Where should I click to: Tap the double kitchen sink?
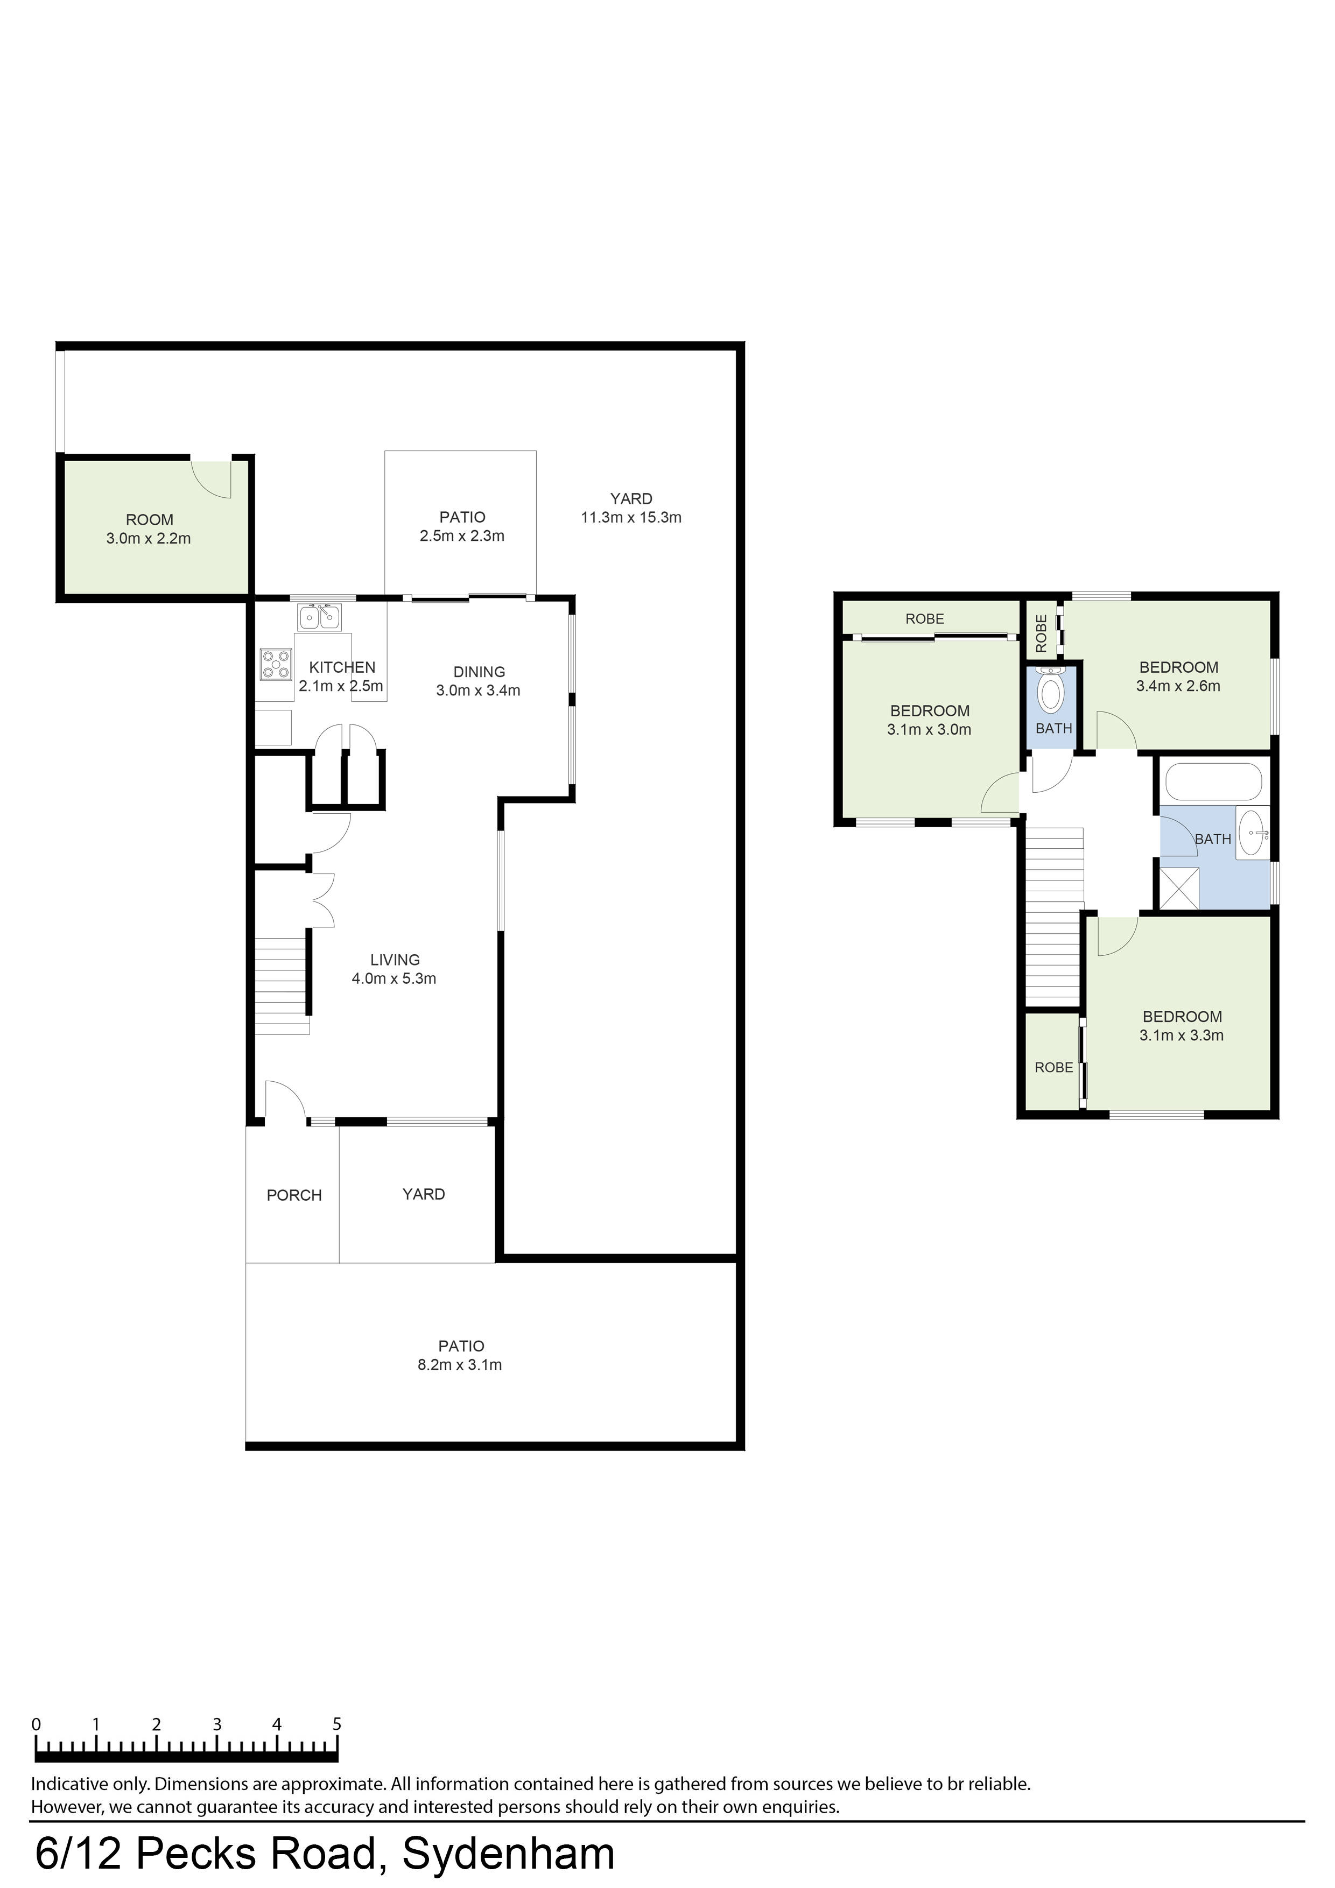319,617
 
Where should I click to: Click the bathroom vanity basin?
1252,833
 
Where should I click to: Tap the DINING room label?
479,672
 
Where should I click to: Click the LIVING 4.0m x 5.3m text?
394,969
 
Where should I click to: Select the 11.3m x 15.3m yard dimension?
631,517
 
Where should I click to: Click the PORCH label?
294,1195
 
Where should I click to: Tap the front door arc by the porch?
285,1100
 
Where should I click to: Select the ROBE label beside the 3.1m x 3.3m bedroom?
1053,1067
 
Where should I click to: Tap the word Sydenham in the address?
508,1854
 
